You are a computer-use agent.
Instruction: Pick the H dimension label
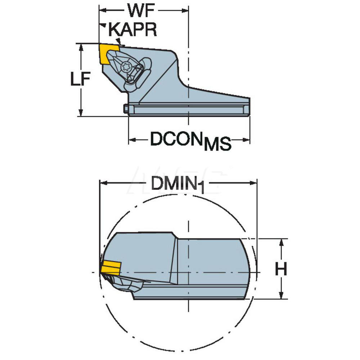click(x=281, y=269)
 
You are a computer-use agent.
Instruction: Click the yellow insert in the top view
click(x=108, y=54)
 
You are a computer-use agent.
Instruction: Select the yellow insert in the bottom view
click(x=111, y=269)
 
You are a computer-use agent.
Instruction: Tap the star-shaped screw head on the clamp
click(x=126, y=67)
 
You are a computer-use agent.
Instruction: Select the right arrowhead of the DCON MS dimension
click(x=247, y=140)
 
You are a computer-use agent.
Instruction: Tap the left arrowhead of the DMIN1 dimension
click(x=103, y=183)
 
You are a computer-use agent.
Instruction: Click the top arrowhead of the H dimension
click(x=282, y=242)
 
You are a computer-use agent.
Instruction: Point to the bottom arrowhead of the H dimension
click(x=282, y=296)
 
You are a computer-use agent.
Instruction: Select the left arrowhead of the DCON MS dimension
click(x=132, y=140)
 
